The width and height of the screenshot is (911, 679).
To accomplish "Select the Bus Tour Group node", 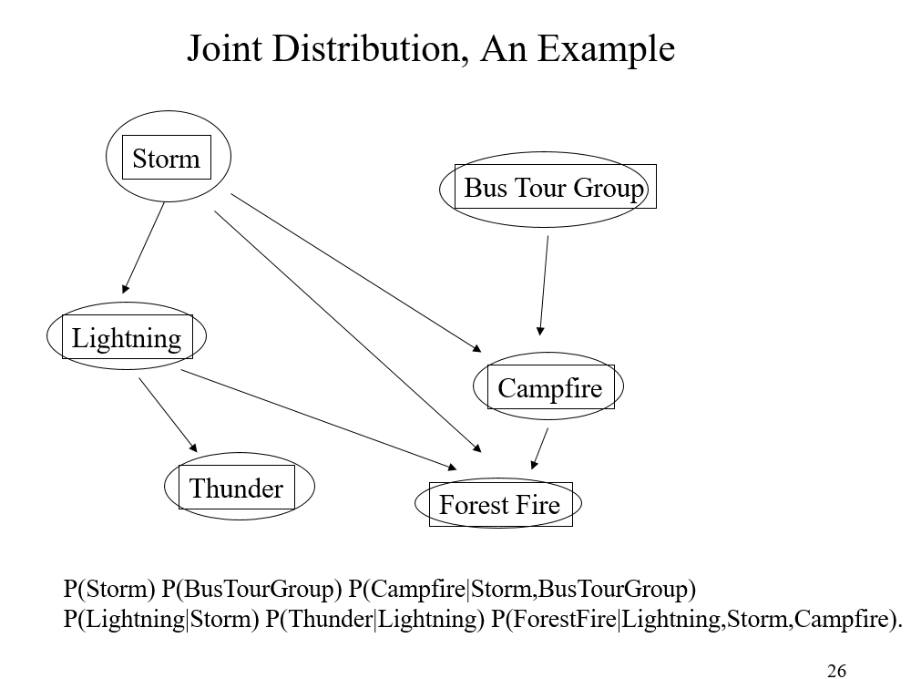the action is coord(548,189).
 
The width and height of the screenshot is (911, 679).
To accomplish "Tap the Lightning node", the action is coord(127,336).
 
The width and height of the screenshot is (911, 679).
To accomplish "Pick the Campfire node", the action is coord(548,386).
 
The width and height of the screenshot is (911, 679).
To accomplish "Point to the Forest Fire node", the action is coord(498,503).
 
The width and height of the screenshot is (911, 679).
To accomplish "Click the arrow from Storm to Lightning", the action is coord(144,248).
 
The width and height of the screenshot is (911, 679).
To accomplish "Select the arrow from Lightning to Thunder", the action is coord(168,415).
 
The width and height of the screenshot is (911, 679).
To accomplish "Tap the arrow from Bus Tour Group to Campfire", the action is coord(544,285).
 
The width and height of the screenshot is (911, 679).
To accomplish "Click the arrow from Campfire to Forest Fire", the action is coord(539,448).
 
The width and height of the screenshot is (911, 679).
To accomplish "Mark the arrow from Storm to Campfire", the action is coord(356,273).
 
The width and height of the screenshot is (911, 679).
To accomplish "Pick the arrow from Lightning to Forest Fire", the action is coord(319,420).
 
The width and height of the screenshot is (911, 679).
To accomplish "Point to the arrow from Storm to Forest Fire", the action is coord(348,332).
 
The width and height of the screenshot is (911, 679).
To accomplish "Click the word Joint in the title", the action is coord(224,49).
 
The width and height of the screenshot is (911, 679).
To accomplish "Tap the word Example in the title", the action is coord(606,50).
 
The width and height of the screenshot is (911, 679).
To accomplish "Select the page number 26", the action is coord(836,670).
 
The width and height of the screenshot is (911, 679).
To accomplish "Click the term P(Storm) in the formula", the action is coord(109,589).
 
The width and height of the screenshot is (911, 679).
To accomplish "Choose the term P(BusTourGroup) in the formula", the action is coord(251,590).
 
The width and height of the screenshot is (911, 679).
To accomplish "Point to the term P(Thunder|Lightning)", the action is coord(374,619).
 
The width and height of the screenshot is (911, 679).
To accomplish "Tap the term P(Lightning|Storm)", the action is coord(161,619).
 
